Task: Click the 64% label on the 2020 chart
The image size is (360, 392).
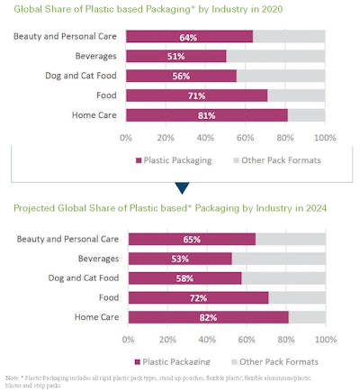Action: point(188,37)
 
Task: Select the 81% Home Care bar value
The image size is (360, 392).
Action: point(205,114)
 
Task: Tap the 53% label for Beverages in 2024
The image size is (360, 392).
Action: point(179,259)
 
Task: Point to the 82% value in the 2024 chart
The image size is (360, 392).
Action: point(207,317)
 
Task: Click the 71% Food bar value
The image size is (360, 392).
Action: point(195,96)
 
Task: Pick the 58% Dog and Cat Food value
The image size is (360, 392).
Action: point(184,278)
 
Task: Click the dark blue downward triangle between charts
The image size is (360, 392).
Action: point(182,187)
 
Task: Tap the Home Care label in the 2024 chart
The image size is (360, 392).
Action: point(93,317)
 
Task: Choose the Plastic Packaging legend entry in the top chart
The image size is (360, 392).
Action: point(171,160)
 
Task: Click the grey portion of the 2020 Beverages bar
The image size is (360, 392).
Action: point(275,57)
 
